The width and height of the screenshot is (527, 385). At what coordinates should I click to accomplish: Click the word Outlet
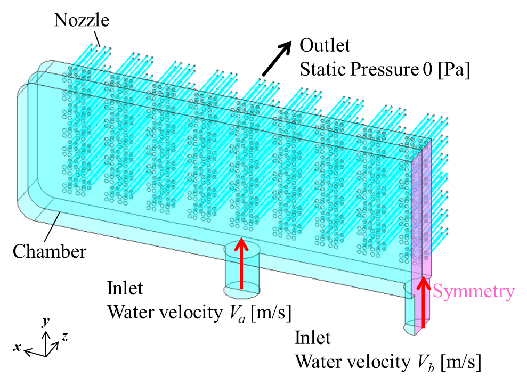pos(325,46)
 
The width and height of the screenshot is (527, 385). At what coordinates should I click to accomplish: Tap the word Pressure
pos(383,69)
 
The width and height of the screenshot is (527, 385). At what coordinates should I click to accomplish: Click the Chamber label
pos(50,251)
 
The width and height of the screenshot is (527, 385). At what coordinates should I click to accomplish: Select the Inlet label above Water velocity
pos(125,288)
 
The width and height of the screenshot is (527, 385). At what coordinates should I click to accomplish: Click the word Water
pos(131,312)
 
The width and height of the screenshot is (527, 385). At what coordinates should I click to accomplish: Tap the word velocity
pos(190,312)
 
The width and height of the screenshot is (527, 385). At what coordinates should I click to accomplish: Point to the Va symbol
pos(238,313)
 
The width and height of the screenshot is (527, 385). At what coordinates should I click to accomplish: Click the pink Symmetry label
pos(473,291)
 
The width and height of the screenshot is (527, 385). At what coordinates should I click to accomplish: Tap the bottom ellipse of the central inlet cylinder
pos(241,291)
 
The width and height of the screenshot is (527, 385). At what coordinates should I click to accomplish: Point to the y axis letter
pos(46,321)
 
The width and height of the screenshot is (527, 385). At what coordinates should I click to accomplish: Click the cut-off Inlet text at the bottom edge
pos(313,334)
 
